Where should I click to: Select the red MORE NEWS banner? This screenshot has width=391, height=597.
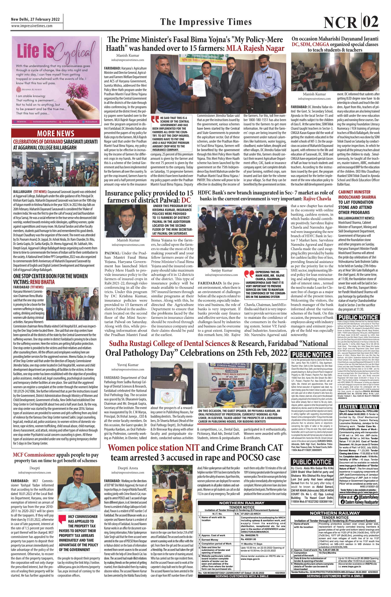(x=56, y=133)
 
